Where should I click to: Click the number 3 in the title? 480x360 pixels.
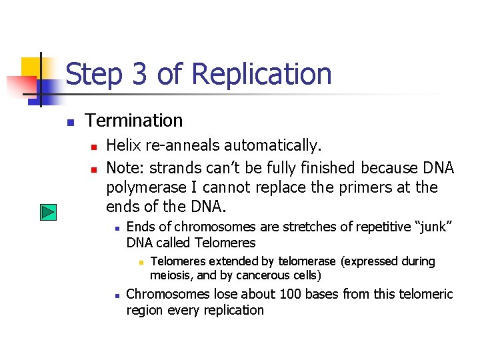click(x=139, y=74)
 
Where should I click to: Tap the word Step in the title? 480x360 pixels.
click(x=93, y=74)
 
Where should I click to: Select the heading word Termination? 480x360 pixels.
click(x=134, y=121)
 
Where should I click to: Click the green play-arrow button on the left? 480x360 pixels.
click(x=47, y=213)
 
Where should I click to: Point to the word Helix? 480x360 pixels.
click(x=123, y=145)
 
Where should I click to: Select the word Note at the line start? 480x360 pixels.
click(x=123, y=167)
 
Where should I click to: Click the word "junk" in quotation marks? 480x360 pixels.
click(x=434, y=227)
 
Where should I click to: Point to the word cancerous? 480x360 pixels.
click(x=263, y=275)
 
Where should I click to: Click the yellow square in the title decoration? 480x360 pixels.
click(x=31, y=67)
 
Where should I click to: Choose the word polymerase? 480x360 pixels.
click(x=145, y=187)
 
